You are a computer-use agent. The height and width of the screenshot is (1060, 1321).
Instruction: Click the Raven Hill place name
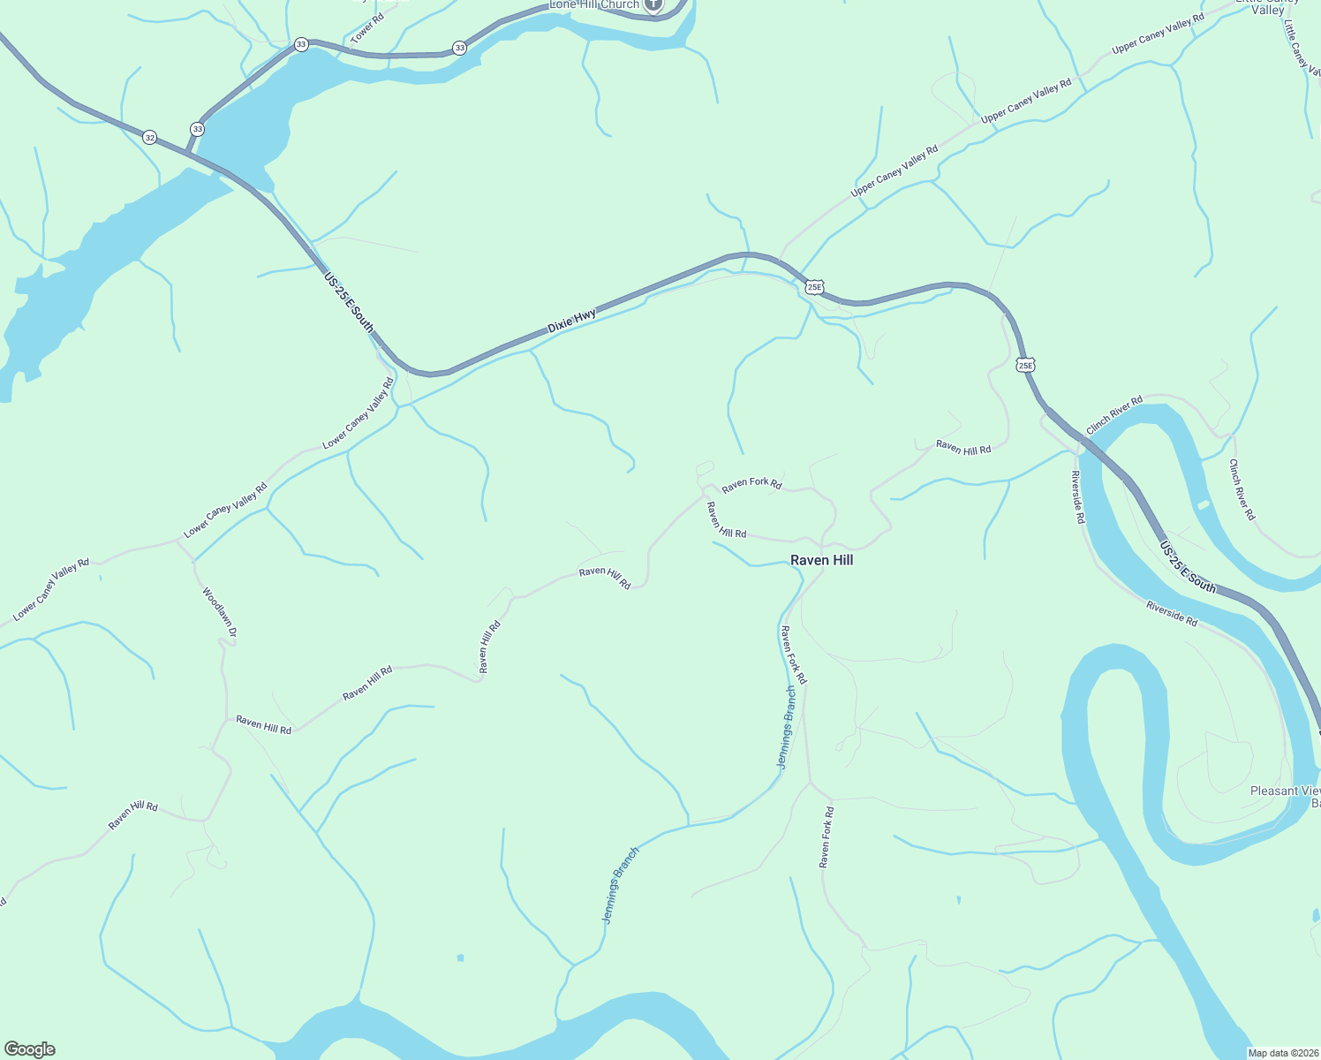(x=821, y=560)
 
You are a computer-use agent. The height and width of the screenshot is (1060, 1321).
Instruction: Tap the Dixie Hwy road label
(x=571, y=321)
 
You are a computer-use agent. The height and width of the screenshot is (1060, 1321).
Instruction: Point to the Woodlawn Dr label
(x=219, y=613)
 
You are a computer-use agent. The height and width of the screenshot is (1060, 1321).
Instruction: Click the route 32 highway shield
(x=150, y=137)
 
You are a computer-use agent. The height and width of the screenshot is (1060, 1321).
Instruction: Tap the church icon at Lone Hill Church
(x=653, y=4)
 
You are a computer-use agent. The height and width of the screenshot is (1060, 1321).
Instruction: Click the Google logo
(x=29, y=1049)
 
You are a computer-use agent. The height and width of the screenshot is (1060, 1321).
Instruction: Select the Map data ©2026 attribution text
(x=1281, y=1053)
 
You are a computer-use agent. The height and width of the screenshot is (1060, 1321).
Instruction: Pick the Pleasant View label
(x=1286, y=791)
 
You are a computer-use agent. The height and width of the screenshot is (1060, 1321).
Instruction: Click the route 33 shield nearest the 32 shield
(x=197, y=129)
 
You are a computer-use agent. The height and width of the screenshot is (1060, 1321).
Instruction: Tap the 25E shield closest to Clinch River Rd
(x=1024, y=365)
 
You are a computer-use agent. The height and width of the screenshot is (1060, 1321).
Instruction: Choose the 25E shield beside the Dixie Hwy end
(x=814, y=286)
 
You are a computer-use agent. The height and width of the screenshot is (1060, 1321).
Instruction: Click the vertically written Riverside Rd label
(x=1077, y=497)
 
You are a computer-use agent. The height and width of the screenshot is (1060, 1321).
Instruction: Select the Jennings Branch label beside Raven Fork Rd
(x=786, y=728)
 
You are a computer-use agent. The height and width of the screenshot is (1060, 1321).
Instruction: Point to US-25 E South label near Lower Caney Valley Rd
(x=349, y=302)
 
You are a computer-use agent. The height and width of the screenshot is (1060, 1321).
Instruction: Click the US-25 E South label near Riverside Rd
(x=1189, y=567)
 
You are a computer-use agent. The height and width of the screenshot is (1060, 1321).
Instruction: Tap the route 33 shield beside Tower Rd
(x=301, y=44)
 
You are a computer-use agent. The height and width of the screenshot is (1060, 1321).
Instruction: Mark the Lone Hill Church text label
(x=594, y=4)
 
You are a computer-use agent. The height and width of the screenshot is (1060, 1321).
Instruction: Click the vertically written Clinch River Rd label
(x=1242, y=489)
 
